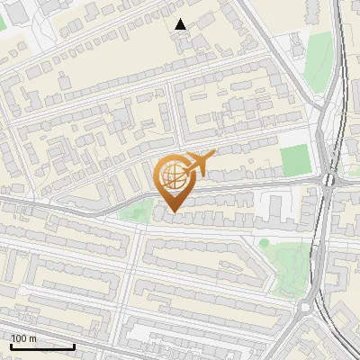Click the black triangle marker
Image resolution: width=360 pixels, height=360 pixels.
181,25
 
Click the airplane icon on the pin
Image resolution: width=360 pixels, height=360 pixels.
199,164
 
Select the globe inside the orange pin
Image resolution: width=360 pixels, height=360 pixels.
172,175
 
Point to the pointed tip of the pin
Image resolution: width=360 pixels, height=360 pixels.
173,211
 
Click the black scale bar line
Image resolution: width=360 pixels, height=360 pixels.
42,346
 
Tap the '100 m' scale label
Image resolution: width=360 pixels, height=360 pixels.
23,338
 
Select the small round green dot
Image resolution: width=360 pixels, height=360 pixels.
264,242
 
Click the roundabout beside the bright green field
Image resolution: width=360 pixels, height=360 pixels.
328,179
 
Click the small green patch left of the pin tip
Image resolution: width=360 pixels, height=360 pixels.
135,213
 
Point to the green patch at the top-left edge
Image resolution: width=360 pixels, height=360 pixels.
3,22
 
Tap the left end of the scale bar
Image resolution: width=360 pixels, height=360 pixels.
12,346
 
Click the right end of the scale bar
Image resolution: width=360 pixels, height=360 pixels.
74,346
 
